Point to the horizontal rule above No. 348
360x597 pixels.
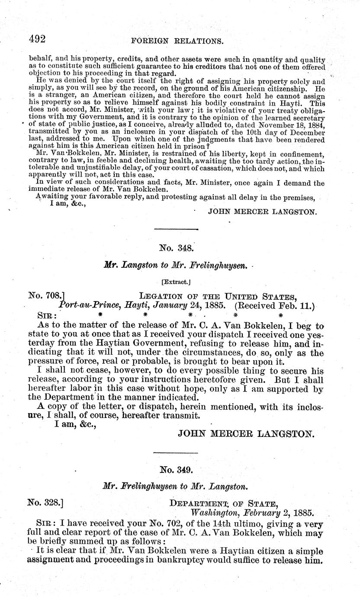coord(175,228)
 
